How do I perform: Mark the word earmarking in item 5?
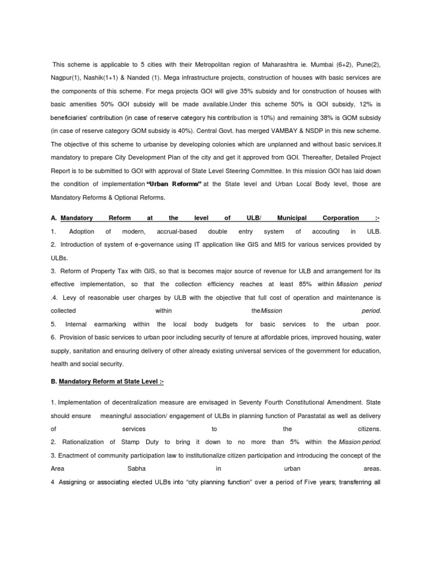pos(110,325)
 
